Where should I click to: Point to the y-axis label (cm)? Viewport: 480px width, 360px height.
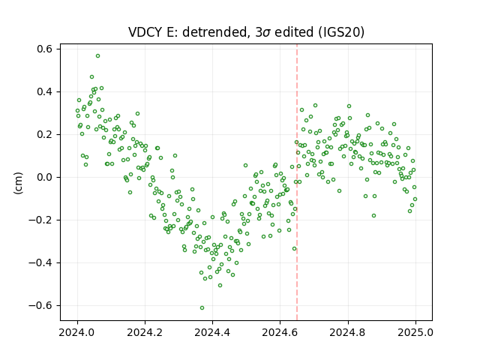tap(18, 183)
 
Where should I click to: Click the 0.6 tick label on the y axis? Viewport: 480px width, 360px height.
tap(45, 49)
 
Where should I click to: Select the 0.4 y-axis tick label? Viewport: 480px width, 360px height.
tap(45, 91)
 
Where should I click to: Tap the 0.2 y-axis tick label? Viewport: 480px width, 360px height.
tap(45, 134)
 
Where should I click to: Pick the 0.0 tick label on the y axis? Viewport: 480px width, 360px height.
tap(45, 177)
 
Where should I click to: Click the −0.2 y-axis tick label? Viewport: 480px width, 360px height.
tap(40, 220)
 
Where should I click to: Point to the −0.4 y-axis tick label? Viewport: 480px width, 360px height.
tap(40, 262)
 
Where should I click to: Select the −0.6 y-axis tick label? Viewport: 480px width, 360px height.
tap(40, 305)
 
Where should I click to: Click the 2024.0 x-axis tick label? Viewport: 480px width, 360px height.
tap(77, 332)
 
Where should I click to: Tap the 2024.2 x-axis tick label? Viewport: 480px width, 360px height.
tap(145, 332)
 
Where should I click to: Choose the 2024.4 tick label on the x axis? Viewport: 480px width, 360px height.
tap(212, 332)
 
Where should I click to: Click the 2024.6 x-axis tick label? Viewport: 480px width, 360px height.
tap(280, 332)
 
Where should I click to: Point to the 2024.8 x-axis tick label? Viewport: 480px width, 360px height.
tap(348, 332)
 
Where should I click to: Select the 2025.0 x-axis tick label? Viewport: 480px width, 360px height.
tap(415, 332)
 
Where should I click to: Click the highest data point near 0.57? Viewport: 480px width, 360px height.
tap(97, 56)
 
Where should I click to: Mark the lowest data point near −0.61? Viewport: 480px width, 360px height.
tap(202, 307)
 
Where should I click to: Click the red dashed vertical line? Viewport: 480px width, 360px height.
tap(297, 182)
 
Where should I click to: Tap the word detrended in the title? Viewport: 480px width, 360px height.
tap(215, 32)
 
